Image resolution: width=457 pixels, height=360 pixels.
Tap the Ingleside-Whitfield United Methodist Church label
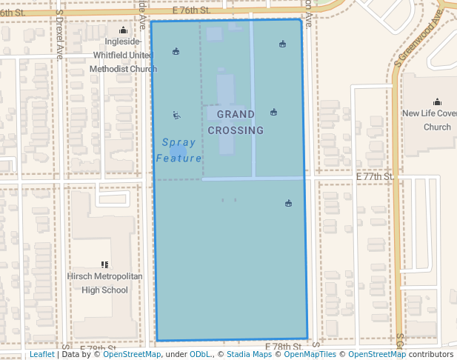[x=123, y=56]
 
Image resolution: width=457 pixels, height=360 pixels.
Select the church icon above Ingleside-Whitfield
[x=123, y=30]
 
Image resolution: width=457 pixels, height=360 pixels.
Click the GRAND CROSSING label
[x=236, y=122]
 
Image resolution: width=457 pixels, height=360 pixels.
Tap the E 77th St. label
[x=374, y=177]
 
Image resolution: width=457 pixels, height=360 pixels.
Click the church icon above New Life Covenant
[x=437, y=102]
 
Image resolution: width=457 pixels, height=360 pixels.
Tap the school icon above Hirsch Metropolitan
[x=104, y=264]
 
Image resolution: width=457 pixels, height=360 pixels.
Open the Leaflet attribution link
[x=41, y=355]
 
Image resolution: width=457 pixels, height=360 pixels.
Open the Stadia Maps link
[x=248, y=355]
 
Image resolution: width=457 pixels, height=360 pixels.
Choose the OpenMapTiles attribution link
[x=310, y=355]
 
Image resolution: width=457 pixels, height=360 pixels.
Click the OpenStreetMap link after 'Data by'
[x=131, y=355]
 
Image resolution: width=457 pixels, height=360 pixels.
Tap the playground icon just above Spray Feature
[x=176, y=115]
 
